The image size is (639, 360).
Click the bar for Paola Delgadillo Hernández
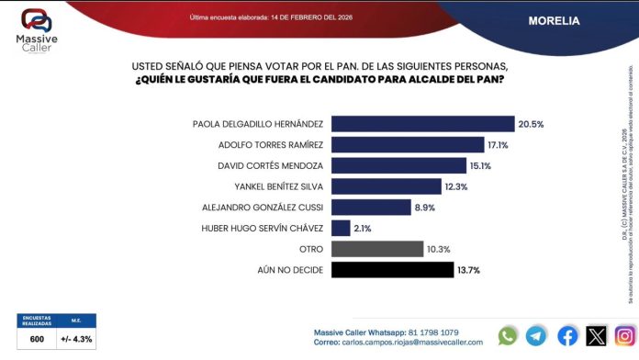(x=421, y=124)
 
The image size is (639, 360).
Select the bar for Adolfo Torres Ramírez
(x=406, y=144)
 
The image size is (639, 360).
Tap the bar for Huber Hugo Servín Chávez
(x=340, y=228)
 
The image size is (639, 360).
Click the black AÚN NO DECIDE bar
(x=392, y=270)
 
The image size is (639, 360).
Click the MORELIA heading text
(x=553, y=20)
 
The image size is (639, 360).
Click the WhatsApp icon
(x=508, y=336)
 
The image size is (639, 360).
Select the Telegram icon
(x=537, y=336)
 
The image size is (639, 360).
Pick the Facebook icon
(x=567, y=336)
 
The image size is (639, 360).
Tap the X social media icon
(x=597, y=336)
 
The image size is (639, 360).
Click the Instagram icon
(x=625, y=336)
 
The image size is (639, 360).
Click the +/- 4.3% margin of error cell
(x=75, y=339)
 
